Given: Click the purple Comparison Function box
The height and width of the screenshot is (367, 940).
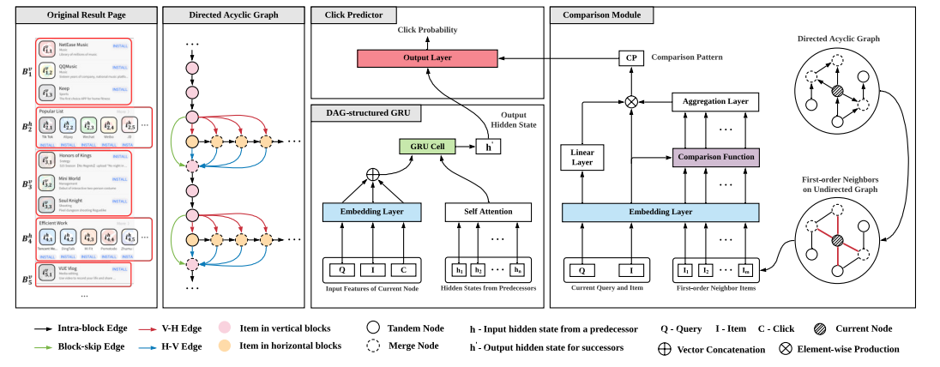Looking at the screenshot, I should tap(714, 159).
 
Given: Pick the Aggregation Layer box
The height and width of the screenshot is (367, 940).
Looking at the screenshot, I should tap(715, 102).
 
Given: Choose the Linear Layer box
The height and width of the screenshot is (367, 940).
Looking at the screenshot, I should tap(582, 157).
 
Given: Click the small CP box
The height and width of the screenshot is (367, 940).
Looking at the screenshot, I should tap(632, 58).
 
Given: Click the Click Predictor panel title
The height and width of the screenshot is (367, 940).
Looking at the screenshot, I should tap(348, 15).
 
